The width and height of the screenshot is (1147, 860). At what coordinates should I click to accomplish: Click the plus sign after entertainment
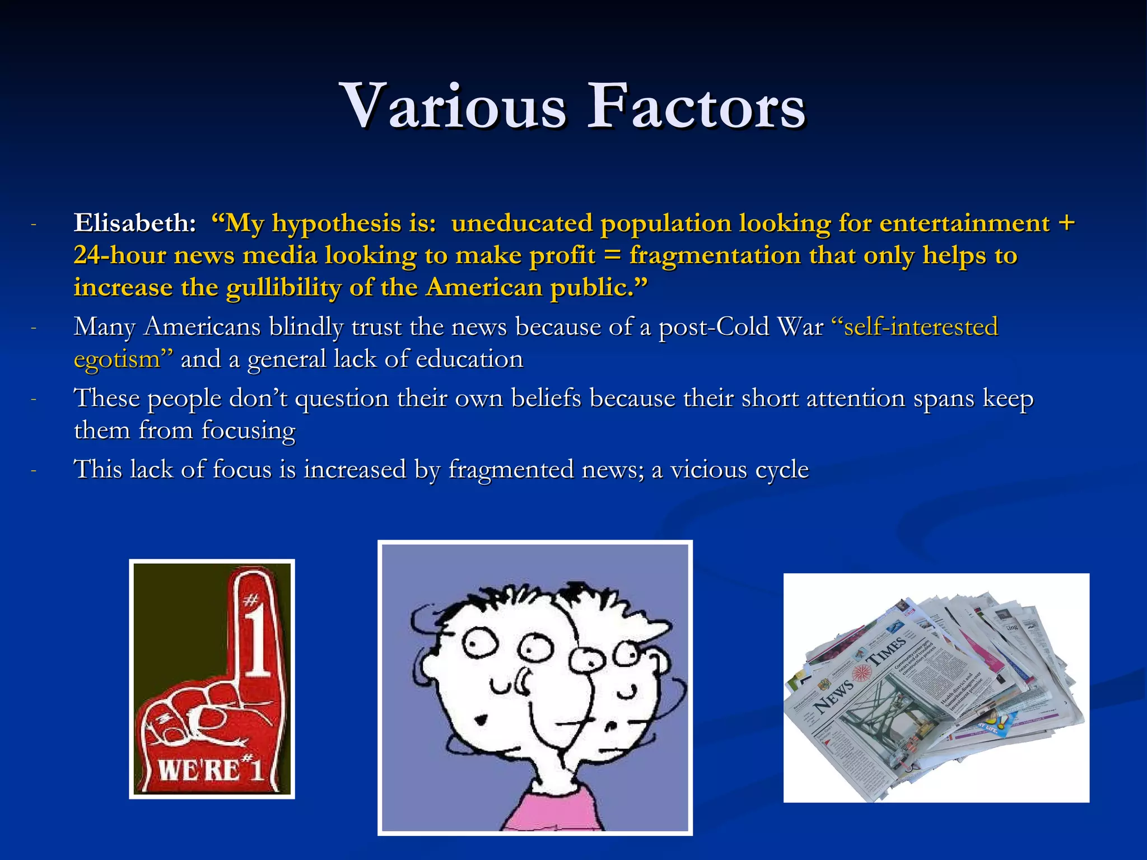pyautogui.click(x=1066, y=223)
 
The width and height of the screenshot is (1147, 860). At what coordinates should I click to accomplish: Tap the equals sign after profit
pyautogui.click(x=612, y=256)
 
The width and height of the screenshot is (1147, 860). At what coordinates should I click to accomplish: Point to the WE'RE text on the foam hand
pyautogui.click(x=193, y=770)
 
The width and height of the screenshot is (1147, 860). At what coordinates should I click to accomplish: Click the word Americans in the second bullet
pyautogui.click(x=202, y=327)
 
